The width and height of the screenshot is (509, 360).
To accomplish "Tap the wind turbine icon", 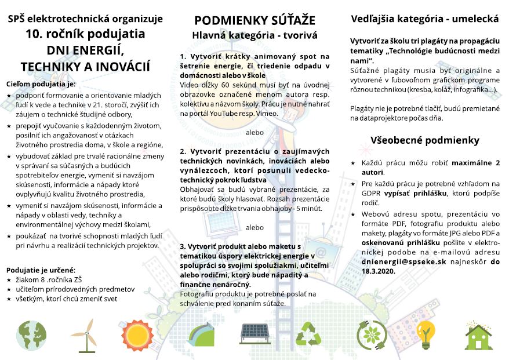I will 83,334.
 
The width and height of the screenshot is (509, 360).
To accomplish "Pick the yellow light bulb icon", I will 425,333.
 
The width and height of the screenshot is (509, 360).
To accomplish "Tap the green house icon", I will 478,334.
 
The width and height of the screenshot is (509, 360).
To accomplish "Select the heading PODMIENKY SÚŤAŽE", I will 254,21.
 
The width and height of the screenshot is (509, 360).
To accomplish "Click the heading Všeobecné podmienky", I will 425,140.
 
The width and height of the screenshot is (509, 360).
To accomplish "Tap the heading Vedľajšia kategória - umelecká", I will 425,19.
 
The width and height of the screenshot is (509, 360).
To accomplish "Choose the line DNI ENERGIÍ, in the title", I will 85,49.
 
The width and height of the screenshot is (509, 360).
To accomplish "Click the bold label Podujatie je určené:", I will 41,270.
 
